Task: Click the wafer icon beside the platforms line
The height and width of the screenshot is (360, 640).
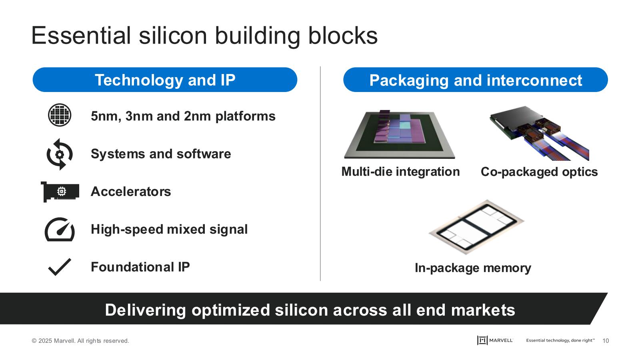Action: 60,115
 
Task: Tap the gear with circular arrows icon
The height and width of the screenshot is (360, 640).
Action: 60,154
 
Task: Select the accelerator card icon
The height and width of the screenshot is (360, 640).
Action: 60,192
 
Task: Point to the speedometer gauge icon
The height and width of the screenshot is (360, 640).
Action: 60,229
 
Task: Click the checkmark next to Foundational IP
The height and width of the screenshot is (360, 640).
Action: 60,267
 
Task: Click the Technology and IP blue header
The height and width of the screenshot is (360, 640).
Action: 165,80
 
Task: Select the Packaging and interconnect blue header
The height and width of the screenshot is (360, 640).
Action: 475,80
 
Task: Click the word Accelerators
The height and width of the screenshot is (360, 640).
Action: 131,192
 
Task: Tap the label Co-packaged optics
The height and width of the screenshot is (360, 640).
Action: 539,172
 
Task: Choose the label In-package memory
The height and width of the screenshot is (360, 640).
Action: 473,268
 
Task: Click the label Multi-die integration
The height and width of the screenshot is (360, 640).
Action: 400,172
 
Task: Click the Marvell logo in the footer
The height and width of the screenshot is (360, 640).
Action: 495,340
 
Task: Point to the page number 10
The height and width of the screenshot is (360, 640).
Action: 605,341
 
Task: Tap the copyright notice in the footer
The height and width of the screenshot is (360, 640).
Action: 80,341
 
